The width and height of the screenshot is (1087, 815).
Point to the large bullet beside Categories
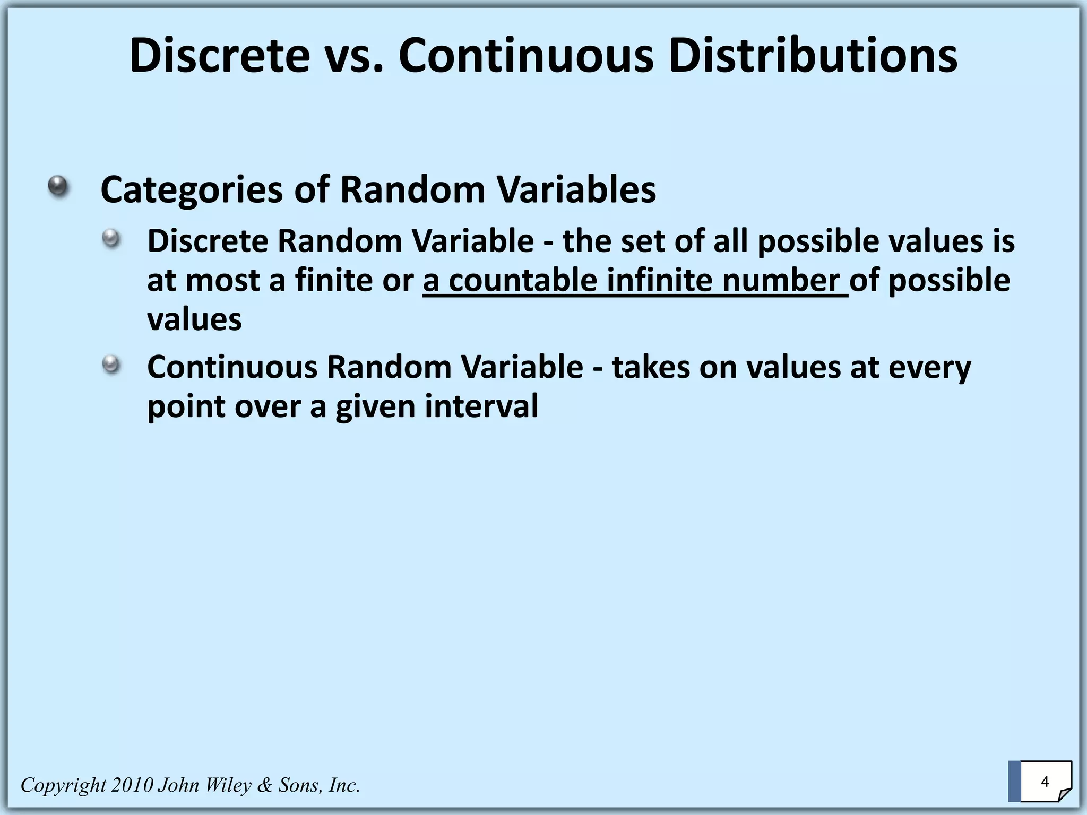[58, 186]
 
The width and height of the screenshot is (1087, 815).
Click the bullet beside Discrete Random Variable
[111, 238]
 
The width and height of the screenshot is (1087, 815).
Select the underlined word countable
[522, 280]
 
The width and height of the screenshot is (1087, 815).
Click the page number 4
[1045, 782]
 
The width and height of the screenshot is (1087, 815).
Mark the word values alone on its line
[194, 319]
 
